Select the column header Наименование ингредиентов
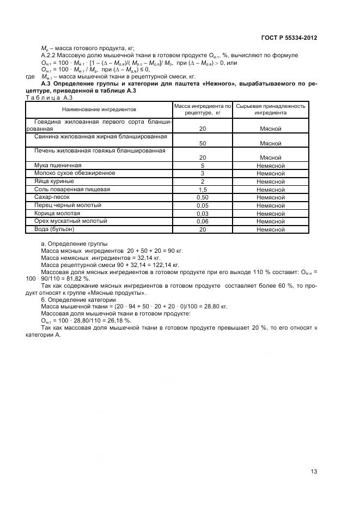(99, 110)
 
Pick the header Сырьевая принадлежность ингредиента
(271, 110)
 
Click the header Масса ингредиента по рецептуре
(202, 110)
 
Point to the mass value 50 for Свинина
(202, 143)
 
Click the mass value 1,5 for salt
(202, 189)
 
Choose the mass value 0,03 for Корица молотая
(202, 213)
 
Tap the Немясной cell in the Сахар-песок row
(271, 197)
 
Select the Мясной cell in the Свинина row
(271, 143)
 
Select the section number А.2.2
(51, 56)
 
